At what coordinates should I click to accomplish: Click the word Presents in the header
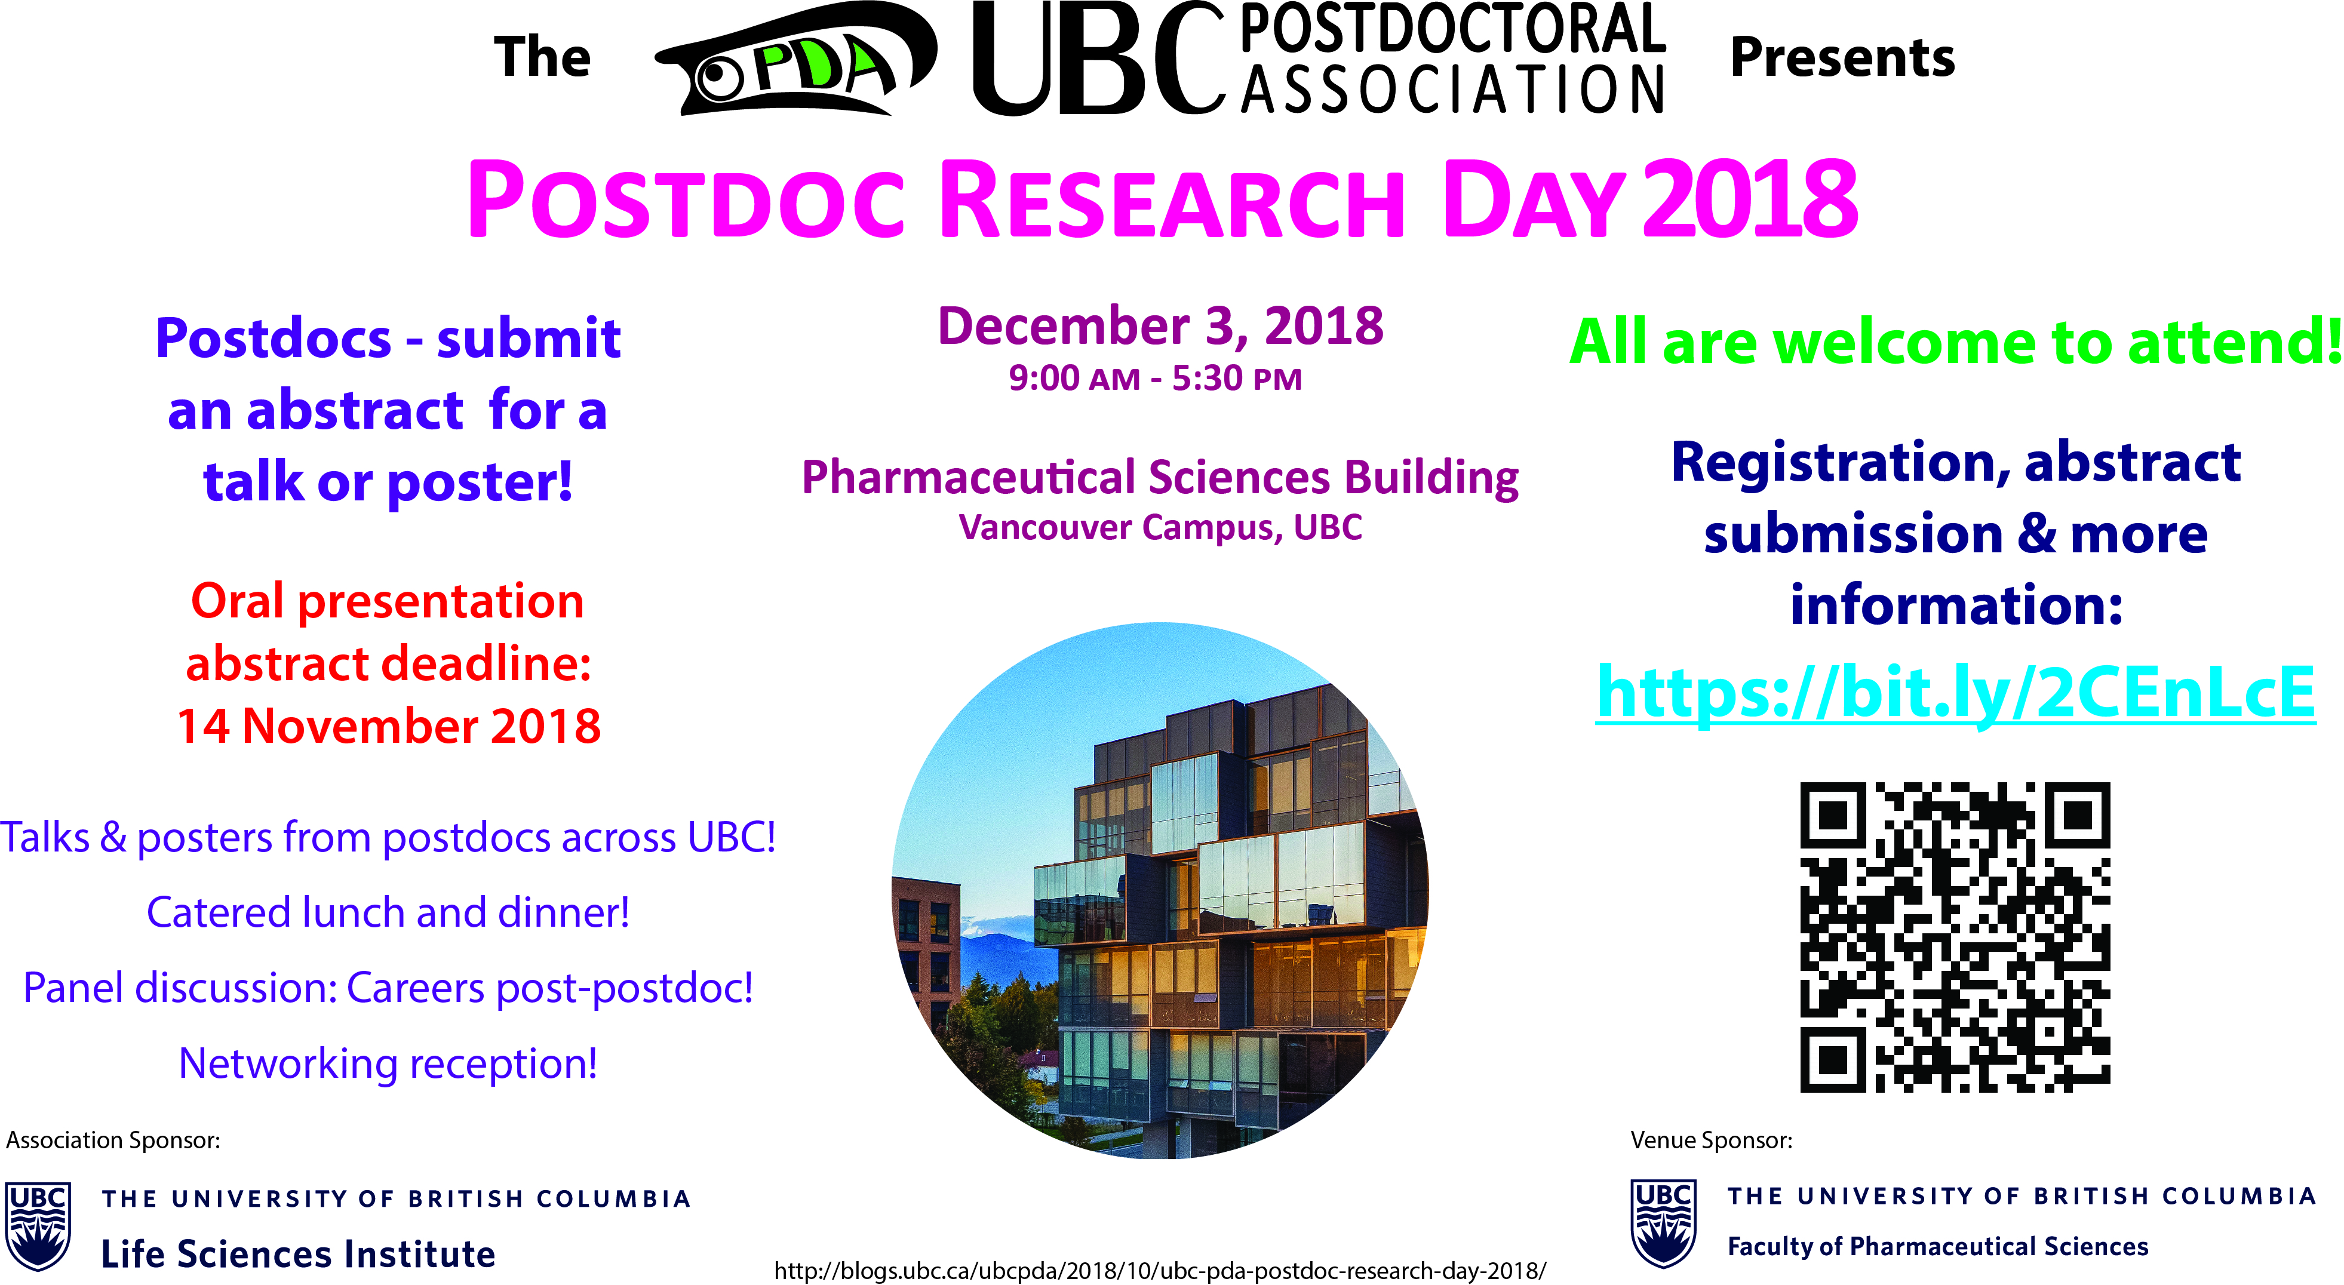click(1842, 57)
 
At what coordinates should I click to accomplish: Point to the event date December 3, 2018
click(1160, 326)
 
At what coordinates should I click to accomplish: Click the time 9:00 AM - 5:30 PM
click(1156, 377)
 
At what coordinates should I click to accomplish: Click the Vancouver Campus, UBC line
click(1160, 528)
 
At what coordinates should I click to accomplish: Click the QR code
click(1955, 936)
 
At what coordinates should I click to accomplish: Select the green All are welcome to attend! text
click(1956, 342)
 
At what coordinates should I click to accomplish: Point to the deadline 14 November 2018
click(389, 726)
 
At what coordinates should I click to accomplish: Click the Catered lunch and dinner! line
click(389, 912)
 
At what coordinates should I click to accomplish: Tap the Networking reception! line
click(389, 1063)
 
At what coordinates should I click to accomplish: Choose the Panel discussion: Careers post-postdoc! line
click(389, 988)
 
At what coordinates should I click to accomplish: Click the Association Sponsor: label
click(113, 1140)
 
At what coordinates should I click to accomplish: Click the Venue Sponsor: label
click(1712, 1140)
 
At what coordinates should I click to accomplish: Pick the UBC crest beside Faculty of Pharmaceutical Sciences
click(1663, 1223)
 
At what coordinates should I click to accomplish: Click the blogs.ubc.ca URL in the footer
click(1160, 1271)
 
